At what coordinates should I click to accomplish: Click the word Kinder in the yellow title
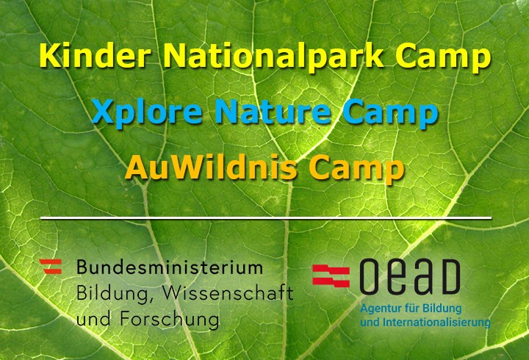click(x=94, y=55)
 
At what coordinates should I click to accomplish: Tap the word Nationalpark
click(x=273, y=57)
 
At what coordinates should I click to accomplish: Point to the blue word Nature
click(x=273, y=112)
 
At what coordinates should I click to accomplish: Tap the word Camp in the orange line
click(x=356, y=170)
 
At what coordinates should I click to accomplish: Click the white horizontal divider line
click(x=266, y=218)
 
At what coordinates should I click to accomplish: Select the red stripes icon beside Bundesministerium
click(x=51, y=266)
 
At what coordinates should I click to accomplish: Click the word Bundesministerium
click(x=170, y=267)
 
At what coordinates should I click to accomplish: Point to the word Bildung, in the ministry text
click(x=112, y=295)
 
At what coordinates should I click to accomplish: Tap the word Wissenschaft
click(x=228, y=293)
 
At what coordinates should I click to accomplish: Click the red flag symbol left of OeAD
click(x=331, y=276)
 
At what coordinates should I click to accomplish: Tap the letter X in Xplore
click(x=102, y=112)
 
